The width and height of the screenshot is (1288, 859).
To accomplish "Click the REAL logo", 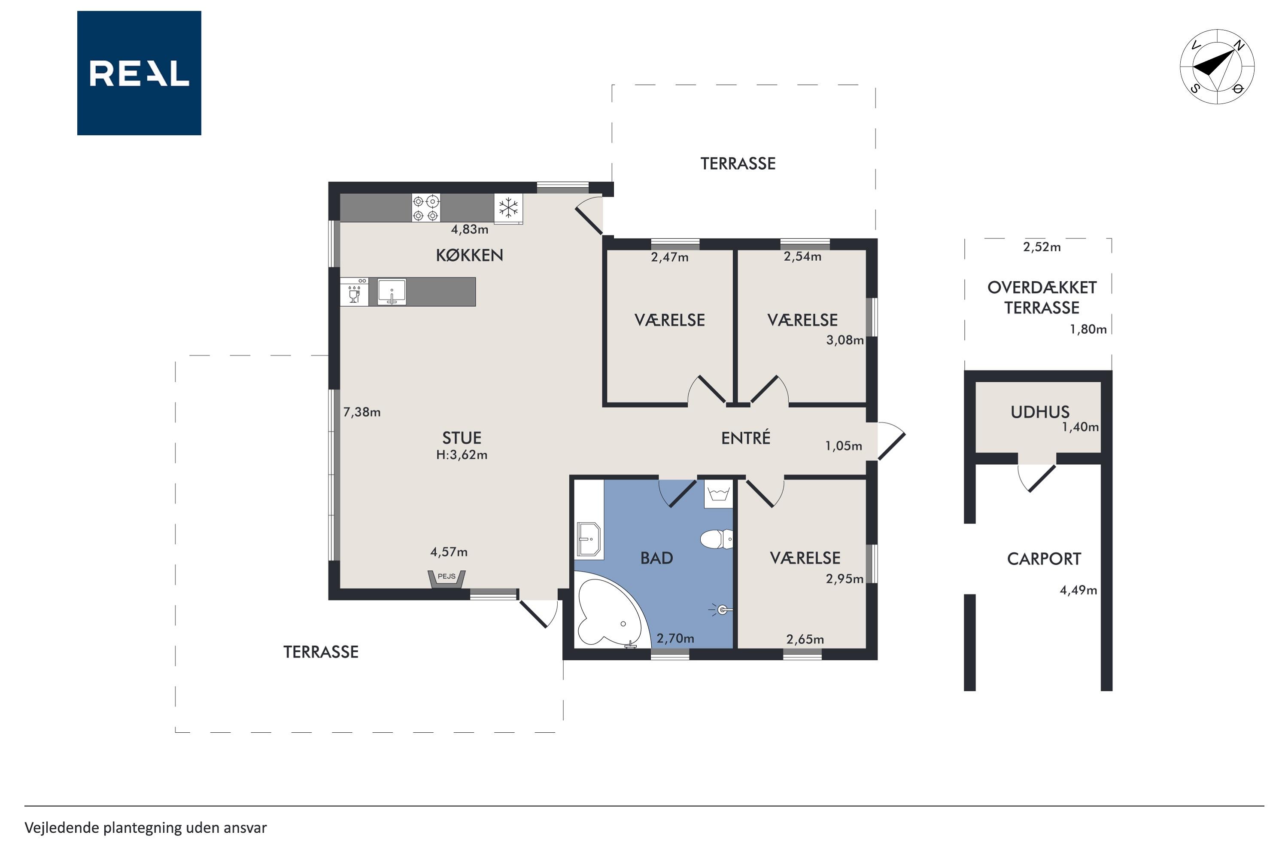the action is [139, 73].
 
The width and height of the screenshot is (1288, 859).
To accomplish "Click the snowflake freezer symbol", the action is [508, 208].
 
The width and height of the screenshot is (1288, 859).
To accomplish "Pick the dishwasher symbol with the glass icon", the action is [354, 292].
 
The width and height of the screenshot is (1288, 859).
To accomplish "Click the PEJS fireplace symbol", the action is [447, 579].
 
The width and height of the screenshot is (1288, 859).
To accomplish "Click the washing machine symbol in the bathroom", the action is [718, 494].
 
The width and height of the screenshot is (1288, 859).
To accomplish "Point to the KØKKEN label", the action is [469, 255].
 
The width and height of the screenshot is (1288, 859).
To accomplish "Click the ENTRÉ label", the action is [745, 438].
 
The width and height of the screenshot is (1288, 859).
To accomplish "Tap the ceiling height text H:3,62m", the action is [462, 455].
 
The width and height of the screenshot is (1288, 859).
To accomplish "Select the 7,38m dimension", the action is [362, 412].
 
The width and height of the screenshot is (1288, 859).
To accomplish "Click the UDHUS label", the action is [1040, 412].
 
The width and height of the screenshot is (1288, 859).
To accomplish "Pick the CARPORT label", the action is [1044, 559].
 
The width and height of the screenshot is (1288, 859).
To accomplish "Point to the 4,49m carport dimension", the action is [1078, 590].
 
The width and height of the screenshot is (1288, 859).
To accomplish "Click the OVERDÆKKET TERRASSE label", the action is [1042, 298].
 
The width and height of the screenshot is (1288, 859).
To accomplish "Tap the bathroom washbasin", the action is [588, 539].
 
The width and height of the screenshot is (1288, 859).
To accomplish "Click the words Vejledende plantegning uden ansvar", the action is [146, 828].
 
